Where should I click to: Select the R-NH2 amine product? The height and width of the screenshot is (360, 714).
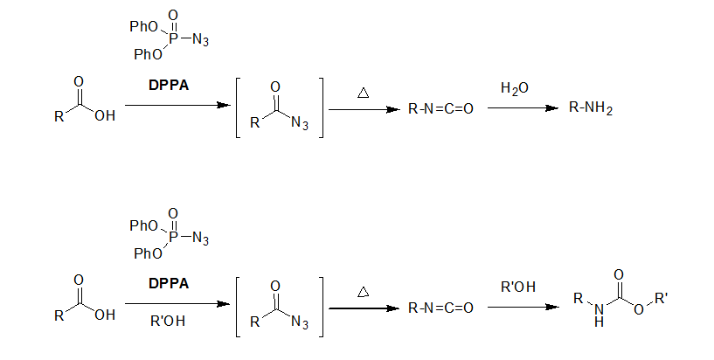click(x=591, y=108)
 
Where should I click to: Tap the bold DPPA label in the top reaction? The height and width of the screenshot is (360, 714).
click(x=169, y=86)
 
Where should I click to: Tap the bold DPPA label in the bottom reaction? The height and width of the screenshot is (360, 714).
click(x=169, y=284)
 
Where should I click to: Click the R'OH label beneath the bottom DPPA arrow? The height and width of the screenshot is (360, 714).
click(x=168, y=321)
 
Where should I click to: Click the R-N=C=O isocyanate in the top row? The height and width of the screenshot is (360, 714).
click(x=440, y=109)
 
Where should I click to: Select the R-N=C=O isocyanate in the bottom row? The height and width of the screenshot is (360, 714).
click(x=440, y=308)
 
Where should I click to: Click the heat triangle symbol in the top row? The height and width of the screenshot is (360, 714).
click(x=363, y=91)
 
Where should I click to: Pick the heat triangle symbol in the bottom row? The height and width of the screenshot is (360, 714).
click(x=363, y=289)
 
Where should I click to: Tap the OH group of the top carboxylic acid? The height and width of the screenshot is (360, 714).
click(x=104, y=115)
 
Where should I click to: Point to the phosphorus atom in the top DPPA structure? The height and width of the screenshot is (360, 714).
click(x=172, y=39)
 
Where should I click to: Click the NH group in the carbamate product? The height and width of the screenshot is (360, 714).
click(x=598, y=316)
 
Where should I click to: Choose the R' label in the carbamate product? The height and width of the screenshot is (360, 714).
click(x=662, y=300)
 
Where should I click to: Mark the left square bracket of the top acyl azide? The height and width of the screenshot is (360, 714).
click(x=239, y=107)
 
